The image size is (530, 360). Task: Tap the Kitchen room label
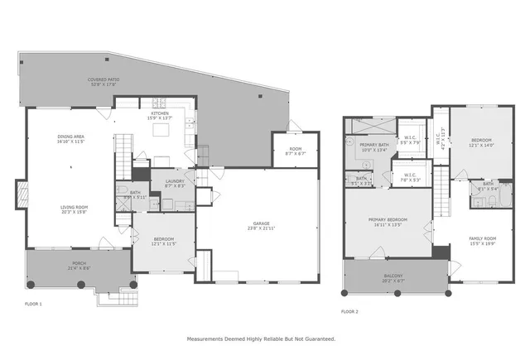coord(160,113)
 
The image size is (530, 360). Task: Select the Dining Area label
coord(72,137)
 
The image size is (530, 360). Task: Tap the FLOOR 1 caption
coord(33,305)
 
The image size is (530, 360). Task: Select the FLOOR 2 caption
coord(349,312)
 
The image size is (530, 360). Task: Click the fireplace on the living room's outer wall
coord(21,197)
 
